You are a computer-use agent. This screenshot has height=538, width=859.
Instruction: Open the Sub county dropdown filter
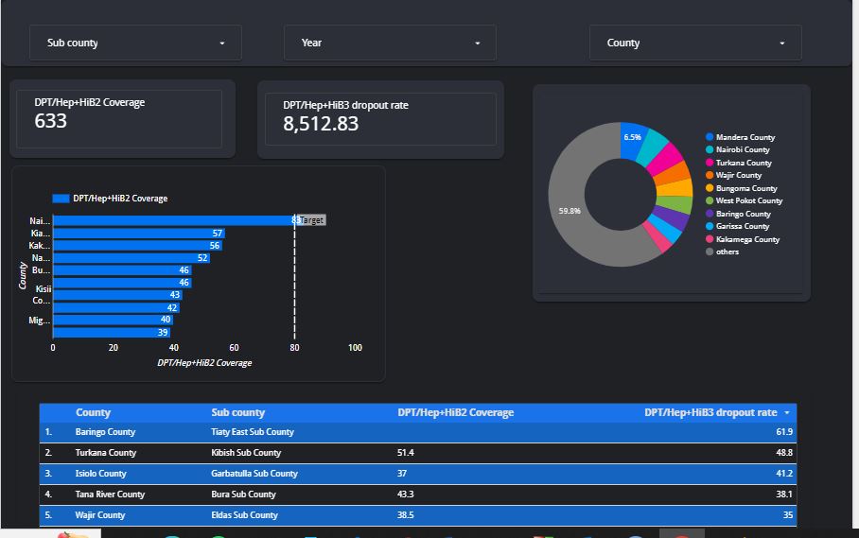coord(136,43)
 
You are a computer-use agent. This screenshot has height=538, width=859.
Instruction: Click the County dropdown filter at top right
coord(695,43)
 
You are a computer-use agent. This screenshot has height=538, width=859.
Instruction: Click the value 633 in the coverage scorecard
coord(51,120)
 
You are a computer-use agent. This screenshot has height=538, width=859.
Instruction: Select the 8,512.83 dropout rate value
coord(321,123)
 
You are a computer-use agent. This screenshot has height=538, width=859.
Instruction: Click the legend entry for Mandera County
coord(745,137)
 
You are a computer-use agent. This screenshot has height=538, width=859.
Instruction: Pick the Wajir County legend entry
coord(738,175)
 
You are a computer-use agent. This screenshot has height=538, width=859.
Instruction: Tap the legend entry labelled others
coord(727,252)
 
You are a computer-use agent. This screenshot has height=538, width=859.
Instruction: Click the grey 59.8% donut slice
coord(577,211)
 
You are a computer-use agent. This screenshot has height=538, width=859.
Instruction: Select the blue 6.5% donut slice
coord(632,138)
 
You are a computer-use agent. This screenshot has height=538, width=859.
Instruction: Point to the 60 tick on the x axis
coord(234,347)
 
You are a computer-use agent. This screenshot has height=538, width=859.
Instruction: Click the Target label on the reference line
coord(312,220)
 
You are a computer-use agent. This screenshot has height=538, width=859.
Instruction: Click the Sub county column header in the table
coord(237,412)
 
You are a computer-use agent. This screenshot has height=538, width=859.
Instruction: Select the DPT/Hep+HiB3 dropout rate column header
coord(710,412)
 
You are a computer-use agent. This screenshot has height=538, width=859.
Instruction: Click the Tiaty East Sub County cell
coord(252,432)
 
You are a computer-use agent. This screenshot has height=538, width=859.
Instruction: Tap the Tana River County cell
coord(110,495)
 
